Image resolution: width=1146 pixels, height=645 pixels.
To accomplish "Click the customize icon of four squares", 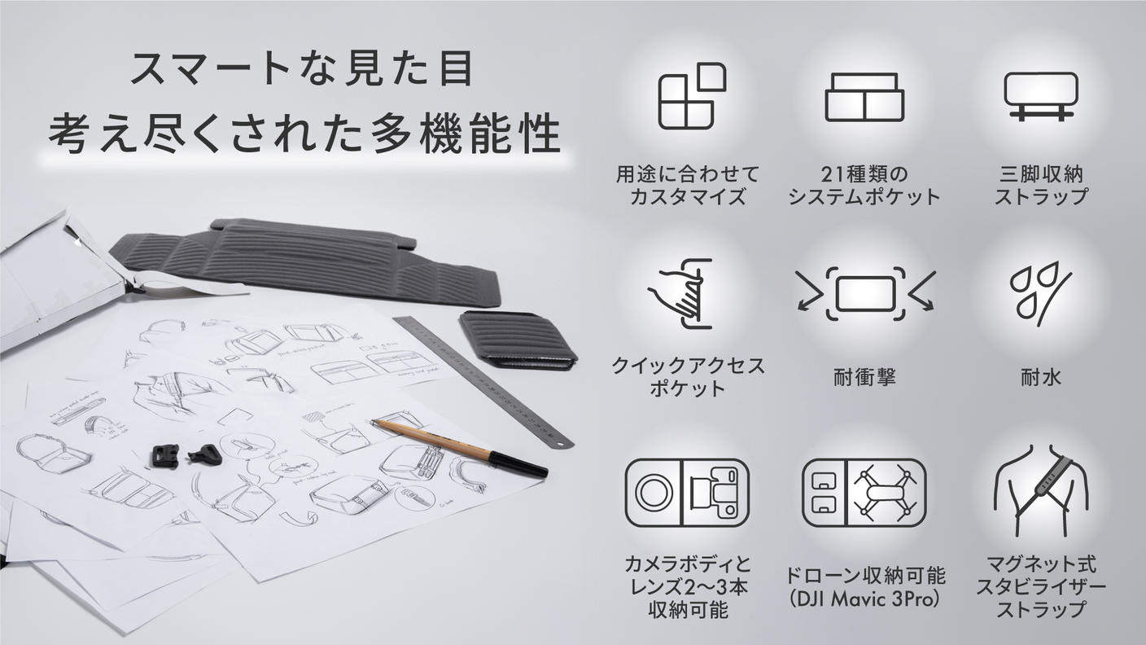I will tap(691, 95).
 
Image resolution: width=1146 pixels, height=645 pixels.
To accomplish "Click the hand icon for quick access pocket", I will tap(680, 293).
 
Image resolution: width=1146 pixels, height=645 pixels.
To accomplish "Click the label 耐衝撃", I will tap(864, 378).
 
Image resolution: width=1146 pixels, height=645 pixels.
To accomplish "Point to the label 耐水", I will tap(1040, 378).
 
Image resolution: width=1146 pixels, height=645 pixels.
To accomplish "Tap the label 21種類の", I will tap(864, 174).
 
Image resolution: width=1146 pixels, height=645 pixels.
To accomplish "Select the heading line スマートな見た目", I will tap(302, 69).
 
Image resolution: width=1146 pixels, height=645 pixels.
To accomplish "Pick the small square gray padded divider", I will tap(517, 339).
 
